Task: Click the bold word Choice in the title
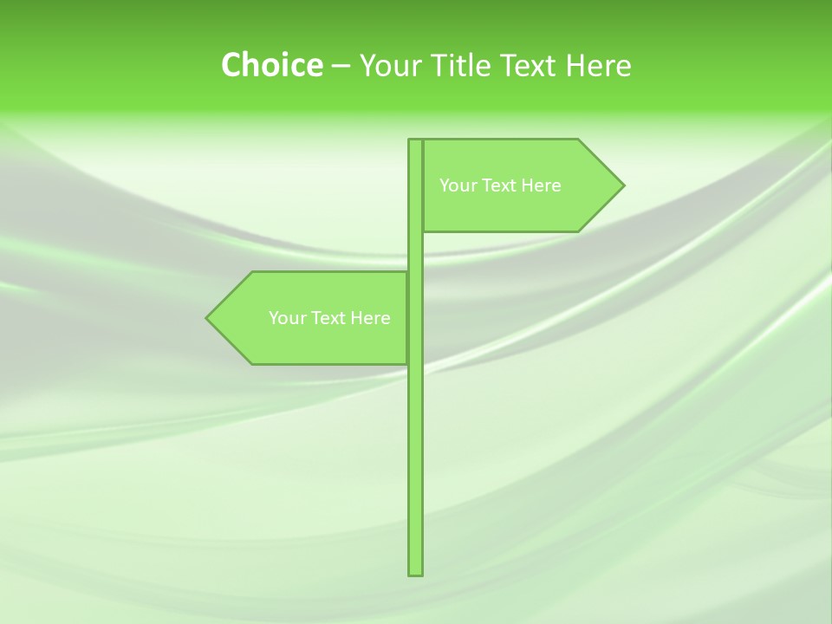coord(271,65)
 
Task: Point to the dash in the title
coord(341,66)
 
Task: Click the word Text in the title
coord(530,65)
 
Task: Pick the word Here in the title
coord(599,65)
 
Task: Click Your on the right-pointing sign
coord(457,185)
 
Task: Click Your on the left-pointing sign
coord(286,318)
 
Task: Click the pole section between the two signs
coord(416,251)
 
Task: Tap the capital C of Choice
coord(231,65)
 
